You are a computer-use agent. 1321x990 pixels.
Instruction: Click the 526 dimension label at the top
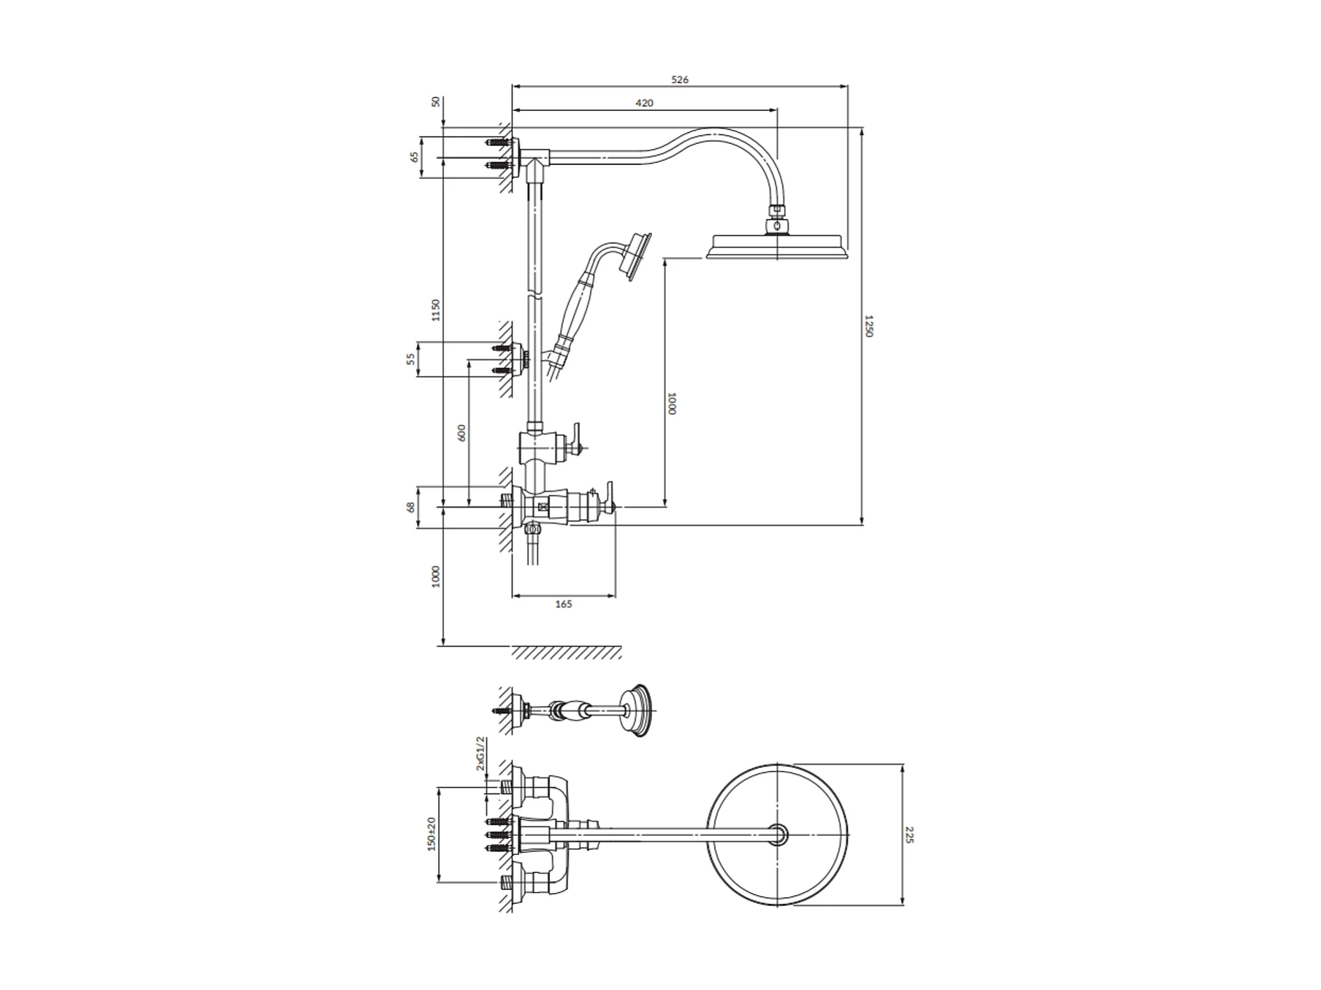pyautogui.click(x=679, y=80)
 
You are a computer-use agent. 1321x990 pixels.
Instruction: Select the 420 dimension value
pyautogui.click(x=644, y=103)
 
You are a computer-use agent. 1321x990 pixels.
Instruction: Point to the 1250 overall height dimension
pyautogui.click(x=869, y=326)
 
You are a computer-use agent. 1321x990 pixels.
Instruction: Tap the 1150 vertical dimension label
pyautogui.click(x=436, y=310)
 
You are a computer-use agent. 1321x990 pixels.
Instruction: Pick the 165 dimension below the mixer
pyautogui.click(x=564, y=604)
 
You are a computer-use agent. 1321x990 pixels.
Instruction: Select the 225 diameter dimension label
pyautogui.click(x=909, y=834)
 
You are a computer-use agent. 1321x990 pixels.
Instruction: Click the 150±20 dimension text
pyautogui.click(x=432, y=834)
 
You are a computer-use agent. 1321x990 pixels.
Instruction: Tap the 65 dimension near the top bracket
pyautogui.click(x=415, y=156)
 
